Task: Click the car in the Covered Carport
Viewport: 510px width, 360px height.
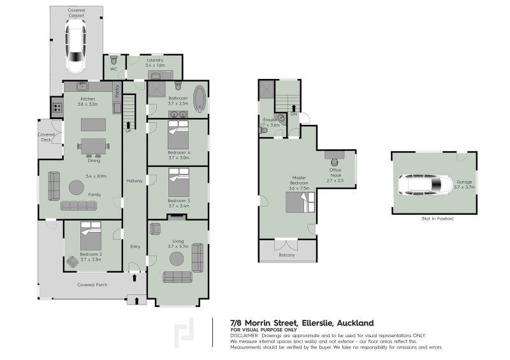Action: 76,46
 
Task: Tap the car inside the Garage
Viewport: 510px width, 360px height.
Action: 425,185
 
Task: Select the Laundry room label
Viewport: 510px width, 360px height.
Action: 155,60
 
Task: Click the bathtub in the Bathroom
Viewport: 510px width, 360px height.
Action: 200,99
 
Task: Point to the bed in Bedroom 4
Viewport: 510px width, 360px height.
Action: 178,134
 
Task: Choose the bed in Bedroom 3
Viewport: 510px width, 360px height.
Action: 179,182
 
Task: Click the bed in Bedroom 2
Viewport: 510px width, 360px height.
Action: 91,236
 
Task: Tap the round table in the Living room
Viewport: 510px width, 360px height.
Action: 177,259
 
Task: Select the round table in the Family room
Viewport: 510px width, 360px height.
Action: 76,187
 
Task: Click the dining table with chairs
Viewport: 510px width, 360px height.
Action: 93,147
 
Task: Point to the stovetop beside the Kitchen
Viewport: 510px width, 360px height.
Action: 57,107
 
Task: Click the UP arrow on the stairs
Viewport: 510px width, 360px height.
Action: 128,125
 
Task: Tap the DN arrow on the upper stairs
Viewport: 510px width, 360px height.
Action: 294,108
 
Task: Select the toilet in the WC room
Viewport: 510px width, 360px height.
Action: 113,60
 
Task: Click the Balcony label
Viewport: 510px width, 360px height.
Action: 287,255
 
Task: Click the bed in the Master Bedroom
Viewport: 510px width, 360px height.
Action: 300,202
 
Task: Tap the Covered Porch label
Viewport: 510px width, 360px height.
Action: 92,285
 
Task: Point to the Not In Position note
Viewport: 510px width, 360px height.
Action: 437,219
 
